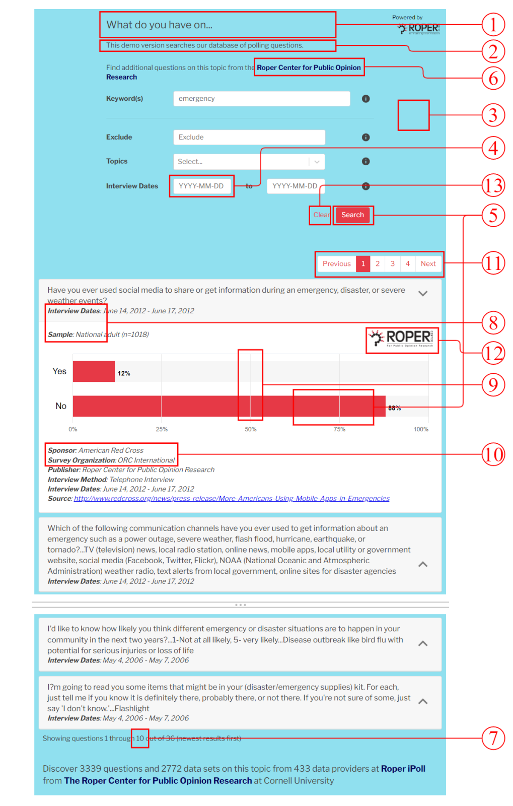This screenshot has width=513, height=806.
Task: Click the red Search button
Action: point(352,215)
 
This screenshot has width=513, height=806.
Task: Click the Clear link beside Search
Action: point(321,215)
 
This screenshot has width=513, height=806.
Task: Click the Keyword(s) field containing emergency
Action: point(261,99)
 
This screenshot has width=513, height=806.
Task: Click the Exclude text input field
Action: point(249,137)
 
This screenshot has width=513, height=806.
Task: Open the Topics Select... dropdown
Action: point(249,162)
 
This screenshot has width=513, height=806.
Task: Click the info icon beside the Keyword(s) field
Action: point(366,99)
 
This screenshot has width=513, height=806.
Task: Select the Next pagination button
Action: point(428,263)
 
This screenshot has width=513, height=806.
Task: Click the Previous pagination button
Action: point(336,263)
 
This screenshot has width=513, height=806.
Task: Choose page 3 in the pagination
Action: point(393,263)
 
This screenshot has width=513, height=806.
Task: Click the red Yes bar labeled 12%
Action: point(94,372)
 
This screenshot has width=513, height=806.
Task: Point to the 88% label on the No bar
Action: point(394,408)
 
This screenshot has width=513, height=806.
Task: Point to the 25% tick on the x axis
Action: point(162,429)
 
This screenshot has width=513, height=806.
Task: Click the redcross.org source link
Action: point(232,499)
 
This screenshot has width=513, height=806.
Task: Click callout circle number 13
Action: point(493,185)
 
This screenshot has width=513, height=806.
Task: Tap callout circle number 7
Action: point(493,738)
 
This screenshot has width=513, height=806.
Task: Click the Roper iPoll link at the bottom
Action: point(403,769)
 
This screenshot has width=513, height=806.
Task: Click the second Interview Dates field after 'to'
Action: point(295,186)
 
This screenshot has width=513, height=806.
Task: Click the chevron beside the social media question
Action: point(423,293)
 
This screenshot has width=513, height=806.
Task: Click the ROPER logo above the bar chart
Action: point(402,338)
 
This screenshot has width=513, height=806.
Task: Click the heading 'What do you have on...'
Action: point(160,25)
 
